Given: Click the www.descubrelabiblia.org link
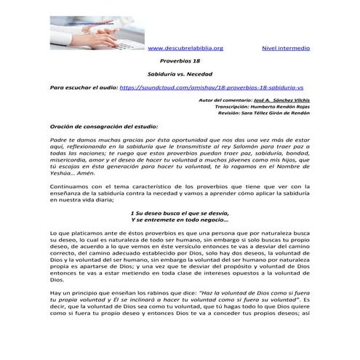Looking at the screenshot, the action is [x=185, y=48].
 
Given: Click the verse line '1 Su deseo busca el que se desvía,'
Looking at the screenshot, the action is [x=179, y=213].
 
